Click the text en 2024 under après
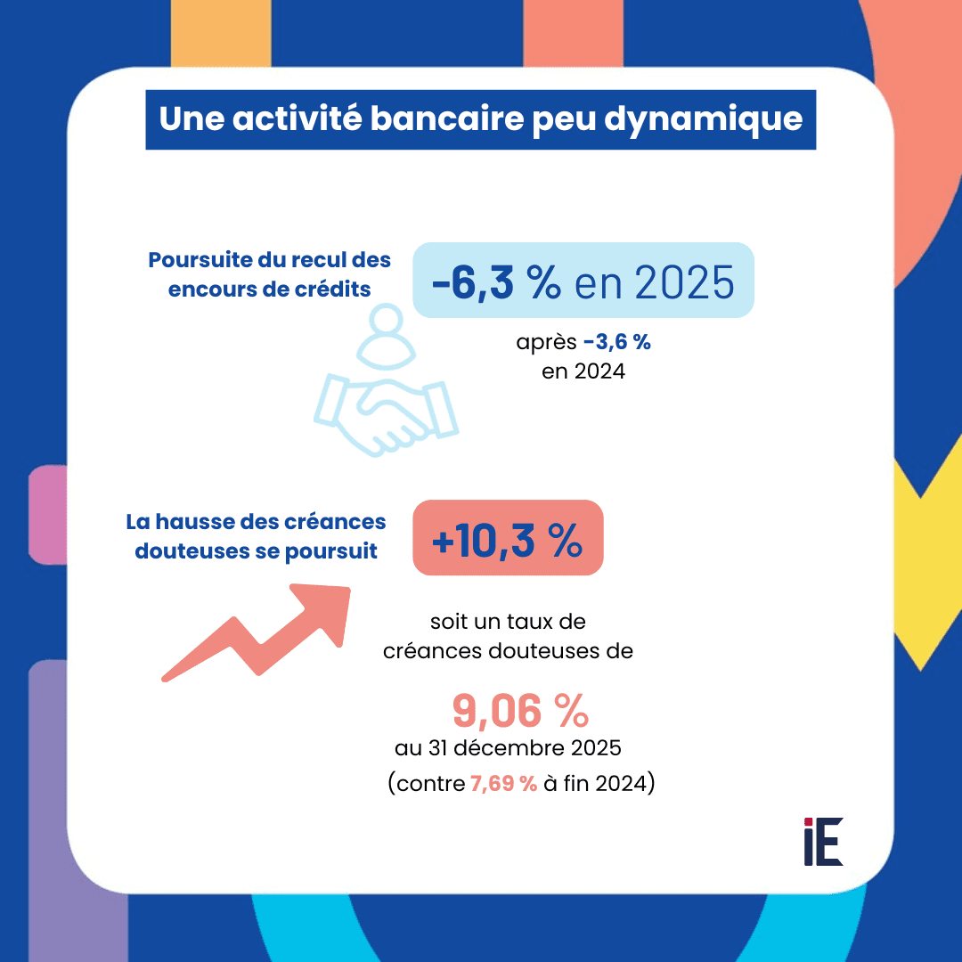coord(583,371)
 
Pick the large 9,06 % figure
coord(520,710)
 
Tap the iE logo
coord(822,841)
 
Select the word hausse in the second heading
coord(197,522)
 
